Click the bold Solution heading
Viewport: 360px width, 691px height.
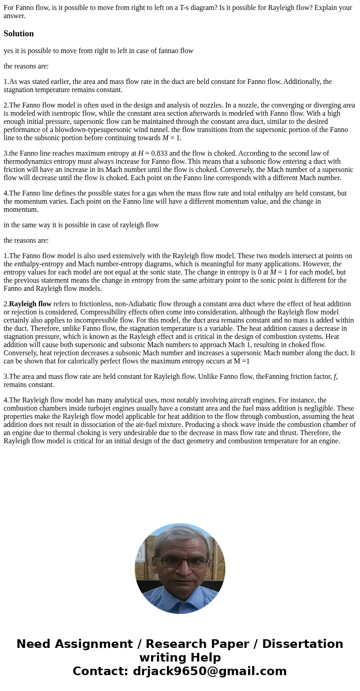(19, 34)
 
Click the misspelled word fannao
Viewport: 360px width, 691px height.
(169, 50)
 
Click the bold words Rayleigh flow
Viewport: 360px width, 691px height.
(30, 304)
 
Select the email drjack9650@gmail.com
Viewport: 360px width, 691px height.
(209, 671)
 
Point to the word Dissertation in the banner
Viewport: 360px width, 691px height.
(302, 644)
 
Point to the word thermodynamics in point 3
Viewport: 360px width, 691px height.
(26, 162)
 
